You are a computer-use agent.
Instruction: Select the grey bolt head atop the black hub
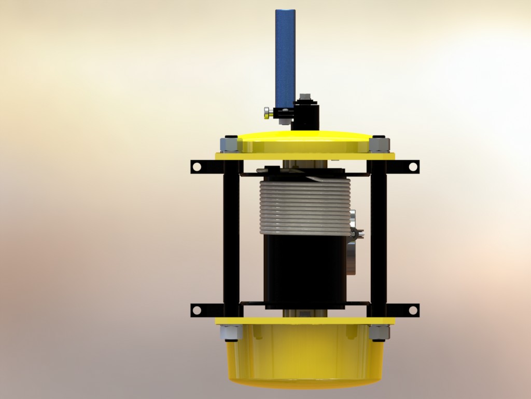pos(305,97)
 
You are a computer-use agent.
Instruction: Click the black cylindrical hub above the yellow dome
pos(306,117)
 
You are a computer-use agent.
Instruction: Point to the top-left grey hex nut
pos(229,144)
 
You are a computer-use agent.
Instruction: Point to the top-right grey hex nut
pos(379,144)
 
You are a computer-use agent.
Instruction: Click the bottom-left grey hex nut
pos(230,332)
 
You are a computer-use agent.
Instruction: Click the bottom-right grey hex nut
pos(379,332)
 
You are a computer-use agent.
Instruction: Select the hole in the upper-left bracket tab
pos(197,167)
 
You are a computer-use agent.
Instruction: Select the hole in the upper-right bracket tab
pos(413,167)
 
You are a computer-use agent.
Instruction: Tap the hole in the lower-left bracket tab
pos(197,310)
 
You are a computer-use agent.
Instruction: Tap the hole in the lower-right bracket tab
pos(413,310)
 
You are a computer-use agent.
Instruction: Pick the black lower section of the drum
pos(305,270)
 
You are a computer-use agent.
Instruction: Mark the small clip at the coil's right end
pos(357,233)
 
